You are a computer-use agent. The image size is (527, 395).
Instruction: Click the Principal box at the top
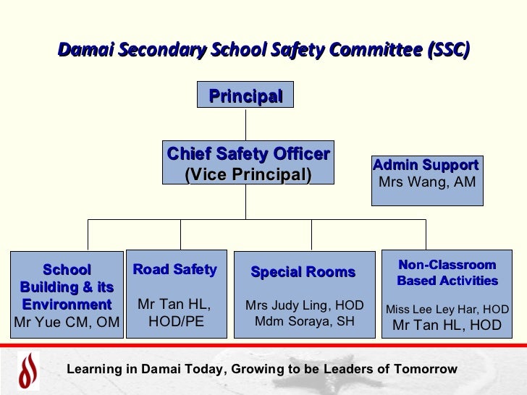[245, 95]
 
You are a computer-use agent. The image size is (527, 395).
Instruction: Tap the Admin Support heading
[426, 166]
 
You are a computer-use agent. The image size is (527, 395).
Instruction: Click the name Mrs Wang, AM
[427, 182]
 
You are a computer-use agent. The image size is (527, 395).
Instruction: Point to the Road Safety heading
[175, 270]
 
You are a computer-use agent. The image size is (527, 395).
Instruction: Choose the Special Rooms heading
[303, 273]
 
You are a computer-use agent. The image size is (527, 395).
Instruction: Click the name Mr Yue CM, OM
[67, 322]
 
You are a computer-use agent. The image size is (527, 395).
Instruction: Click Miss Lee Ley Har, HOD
[447, 310]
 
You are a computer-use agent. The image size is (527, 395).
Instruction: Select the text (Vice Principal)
[248, 174]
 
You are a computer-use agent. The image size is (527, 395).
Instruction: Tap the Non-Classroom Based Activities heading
[447, 273]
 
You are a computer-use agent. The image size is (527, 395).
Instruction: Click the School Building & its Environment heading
[67, 287]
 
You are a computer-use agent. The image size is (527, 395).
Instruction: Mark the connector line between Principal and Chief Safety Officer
[245, 124]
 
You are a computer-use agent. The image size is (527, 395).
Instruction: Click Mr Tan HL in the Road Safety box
[174, 305]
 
